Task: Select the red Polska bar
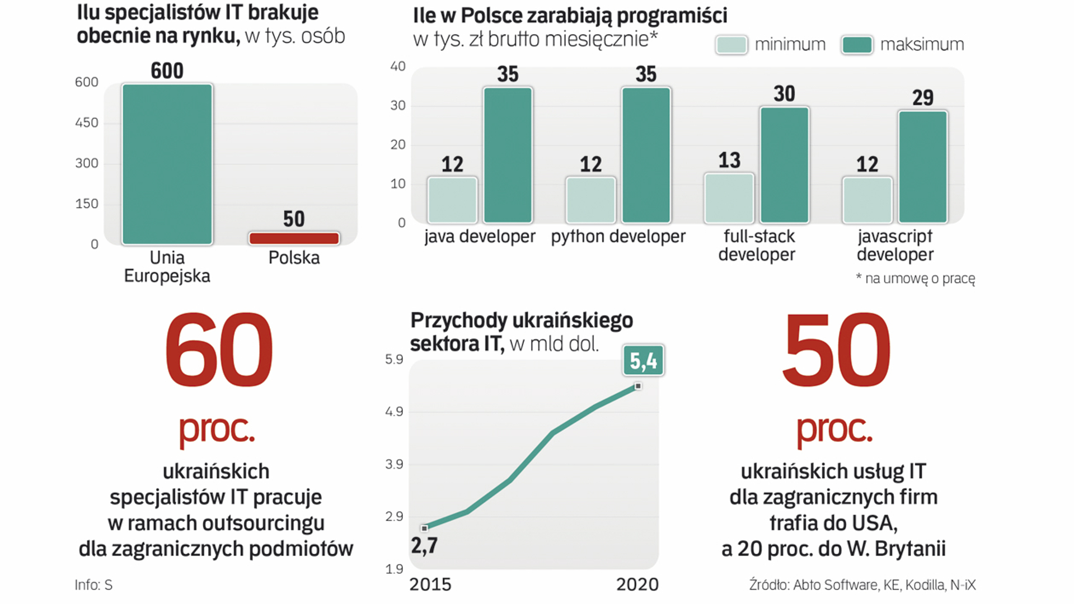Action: (x=294, y=238)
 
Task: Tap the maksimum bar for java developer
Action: (x=508, y=155)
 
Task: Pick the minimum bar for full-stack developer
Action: (x=729, y=199)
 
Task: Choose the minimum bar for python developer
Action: (x=590, y=200)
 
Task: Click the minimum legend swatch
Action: (x=731, y=45)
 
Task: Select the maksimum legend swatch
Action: (x=856, y=45)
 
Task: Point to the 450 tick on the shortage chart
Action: (x=87, y=123)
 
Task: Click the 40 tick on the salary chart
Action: (x=397, y=67)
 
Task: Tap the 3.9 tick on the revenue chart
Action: (x=394, y=464)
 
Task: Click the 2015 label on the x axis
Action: (x=430, y=584)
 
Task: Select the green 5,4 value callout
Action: (x=643, y=361)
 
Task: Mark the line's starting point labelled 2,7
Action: (x=424, y=528)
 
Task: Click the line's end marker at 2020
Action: (x=638, y=386)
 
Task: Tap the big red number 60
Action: (x=218, y=351)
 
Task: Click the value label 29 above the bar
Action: (x=922, y=98)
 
